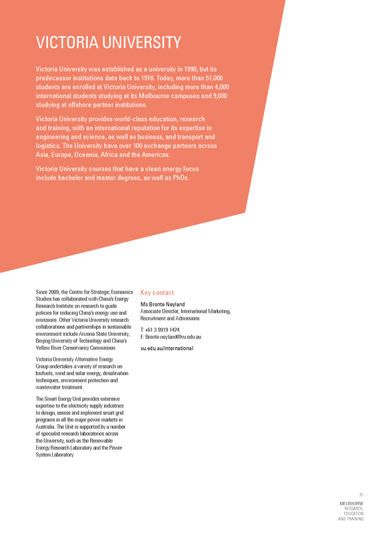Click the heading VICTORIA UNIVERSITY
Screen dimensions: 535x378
pyautogui.click(x=108, y=43)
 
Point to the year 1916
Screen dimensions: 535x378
pyautogui.click(x=163, y=78)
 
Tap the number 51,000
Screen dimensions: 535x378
pyautogui.click(x=210, y=78)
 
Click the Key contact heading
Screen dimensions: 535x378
pyautogui.click(x=157, y=292)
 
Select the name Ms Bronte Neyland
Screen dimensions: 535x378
pyautogui.click(x=162, y=304)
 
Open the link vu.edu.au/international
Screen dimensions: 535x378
pyautogui.click(x=166, y=348)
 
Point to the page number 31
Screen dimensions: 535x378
pyautogui.click(x=360, y=495)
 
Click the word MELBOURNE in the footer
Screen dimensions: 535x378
pyautogui.click(x=351, y=503)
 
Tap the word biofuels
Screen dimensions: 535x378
pyautogui.click(x=46, y=373)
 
